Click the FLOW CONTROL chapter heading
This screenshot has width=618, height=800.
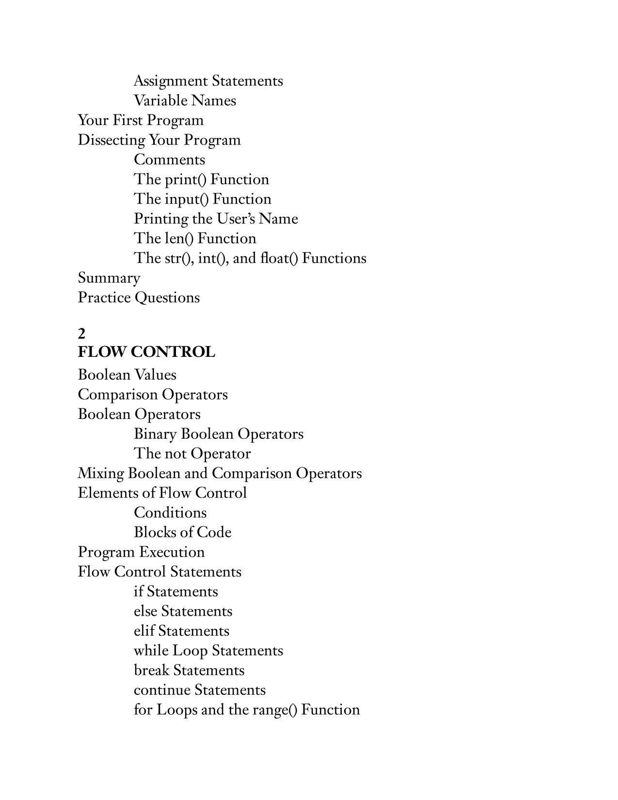pyautogui.click(x=146, y=352)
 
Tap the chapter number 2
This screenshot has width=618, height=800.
pyautogui.click(x=81, y=334)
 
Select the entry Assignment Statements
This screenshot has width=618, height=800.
pyautogui.click(x=208, y=80)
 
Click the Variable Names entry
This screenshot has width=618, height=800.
pyautogui.click(x=185, y=100)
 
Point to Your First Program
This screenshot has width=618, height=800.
pyautogui.click(x=141, y=120)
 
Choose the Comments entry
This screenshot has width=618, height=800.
pyautogui.click(x=169, y=160)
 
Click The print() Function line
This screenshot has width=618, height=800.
pyautogui.click(x=201, y=179)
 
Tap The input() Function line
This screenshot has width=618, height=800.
pyautogui.click(x=202, y=199)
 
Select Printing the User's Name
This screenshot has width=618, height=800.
pyautogui.click(x=216, y=219)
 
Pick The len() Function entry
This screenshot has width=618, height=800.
pyautogui.click(x=195, y=238)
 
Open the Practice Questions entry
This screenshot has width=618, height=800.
pyautogui.click(x=139, y=297)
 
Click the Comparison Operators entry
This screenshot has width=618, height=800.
pyautogui.click(x=153, y=394)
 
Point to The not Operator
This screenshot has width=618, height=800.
pyautogui.click(x=192, y=453)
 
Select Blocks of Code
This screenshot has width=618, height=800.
pyautogui.click(x=182, y=532)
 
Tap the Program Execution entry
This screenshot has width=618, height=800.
pyautogui.click(x=141, y=552)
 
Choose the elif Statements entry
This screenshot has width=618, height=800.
pyautogui.click(x=181, y=631)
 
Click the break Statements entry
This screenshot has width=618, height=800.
pyautogui.click(x=189, y=670)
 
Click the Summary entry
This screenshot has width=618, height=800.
pyautogui.click(x=109, y=278)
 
